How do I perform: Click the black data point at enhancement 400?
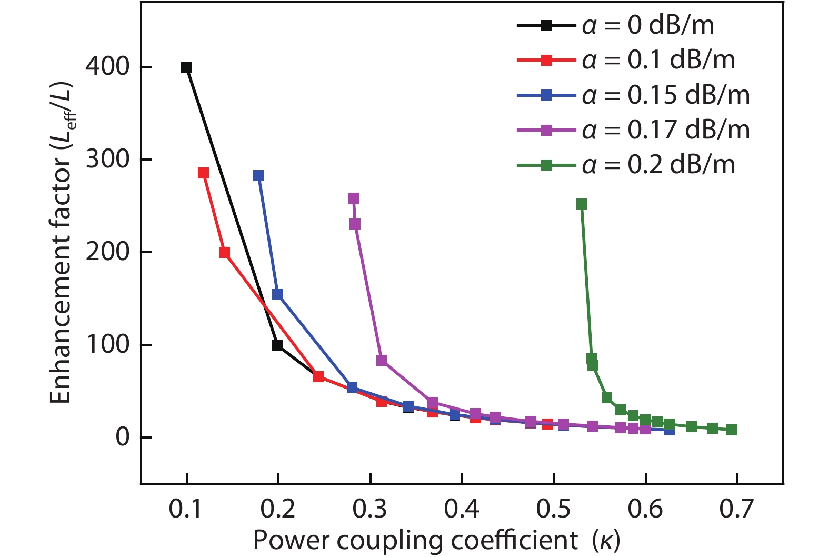[186, 68]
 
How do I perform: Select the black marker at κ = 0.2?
[277, 345]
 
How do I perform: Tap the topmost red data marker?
[203, 173]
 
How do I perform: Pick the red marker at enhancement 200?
[224, 253]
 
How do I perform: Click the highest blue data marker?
[258, 175]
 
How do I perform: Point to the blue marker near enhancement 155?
[277, 294]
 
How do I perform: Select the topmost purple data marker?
[353, 198]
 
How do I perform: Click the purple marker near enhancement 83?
[382, 360]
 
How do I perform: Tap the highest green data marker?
[582, 204]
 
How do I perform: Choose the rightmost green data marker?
[732, 430]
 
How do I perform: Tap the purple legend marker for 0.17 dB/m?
[547, 130]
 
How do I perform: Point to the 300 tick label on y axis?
[107, 159]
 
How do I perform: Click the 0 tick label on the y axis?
[123, 437]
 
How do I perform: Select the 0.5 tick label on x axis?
[553, 509]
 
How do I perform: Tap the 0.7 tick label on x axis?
[737, 509]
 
